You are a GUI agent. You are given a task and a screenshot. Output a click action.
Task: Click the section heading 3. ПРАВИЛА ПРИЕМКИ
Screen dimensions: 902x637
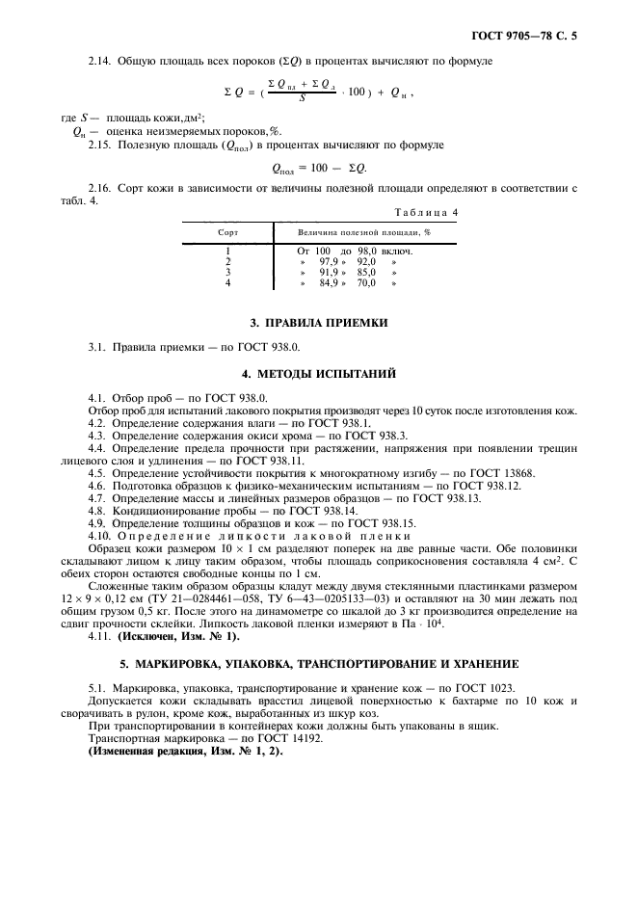(318, 322)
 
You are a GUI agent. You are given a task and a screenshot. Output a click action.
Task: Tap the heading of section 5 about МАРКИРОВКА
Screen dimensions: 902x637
(319, 664)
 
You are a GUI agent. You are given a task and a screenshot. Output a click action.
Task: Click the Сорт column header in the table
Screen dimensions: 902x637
(228, 232)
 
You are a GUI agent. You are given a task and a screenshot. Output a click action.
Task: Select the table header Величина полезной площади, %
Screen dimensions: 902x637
(363, 232)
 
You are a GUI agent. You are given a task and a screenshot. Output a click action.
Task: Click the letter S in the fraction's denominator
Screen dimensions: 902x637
(302, 97)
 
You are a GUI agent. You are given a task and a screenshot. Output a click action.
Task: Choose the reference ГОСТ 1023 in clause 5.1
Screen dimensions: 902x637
(483, 688)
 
